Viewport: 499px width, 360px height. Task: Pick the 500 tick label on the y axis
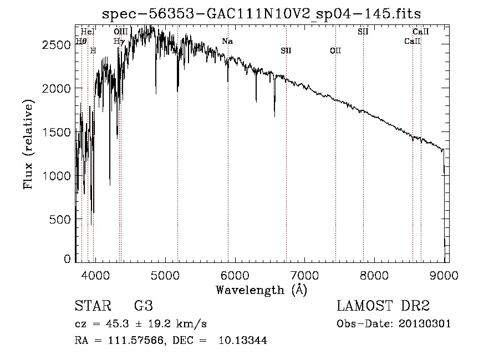click(60, 220)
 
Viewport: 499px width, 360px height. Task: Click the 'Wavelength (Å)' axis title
click(262, 290)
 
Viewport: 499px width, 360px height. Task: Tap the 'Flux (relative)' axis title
click(28, 144)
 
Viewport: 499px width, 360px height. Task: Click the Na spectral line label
click(227, 41)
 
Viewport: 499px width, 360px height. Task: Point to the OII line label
click(335, 51)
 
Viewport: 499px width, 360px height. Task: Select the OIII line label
click(120, 32)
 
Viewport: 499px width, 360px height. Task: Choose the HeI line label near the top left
click(88, 32)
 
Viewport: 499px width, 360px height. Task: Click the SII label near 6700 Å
click(286, 51)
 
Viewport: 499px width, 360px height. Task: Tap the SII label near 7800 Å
click(363, 32)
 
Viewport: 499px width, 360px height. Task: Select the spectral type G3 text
click(144, 306)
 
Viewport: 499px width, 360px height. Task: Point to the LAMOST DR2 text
click(383, 306)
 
